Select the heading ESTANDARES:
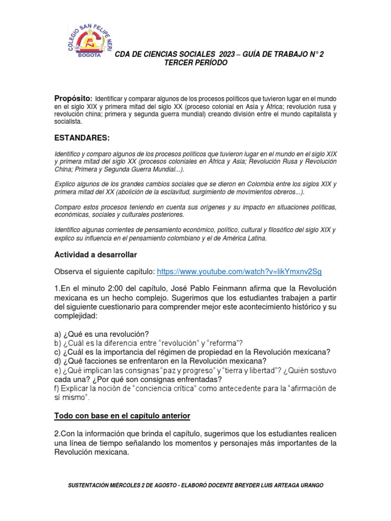click(82, 138)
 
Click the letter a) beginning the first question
click(58, 334)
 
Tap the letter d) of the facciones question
click(58, 361)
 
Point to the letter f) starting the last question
click(57, 389)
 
